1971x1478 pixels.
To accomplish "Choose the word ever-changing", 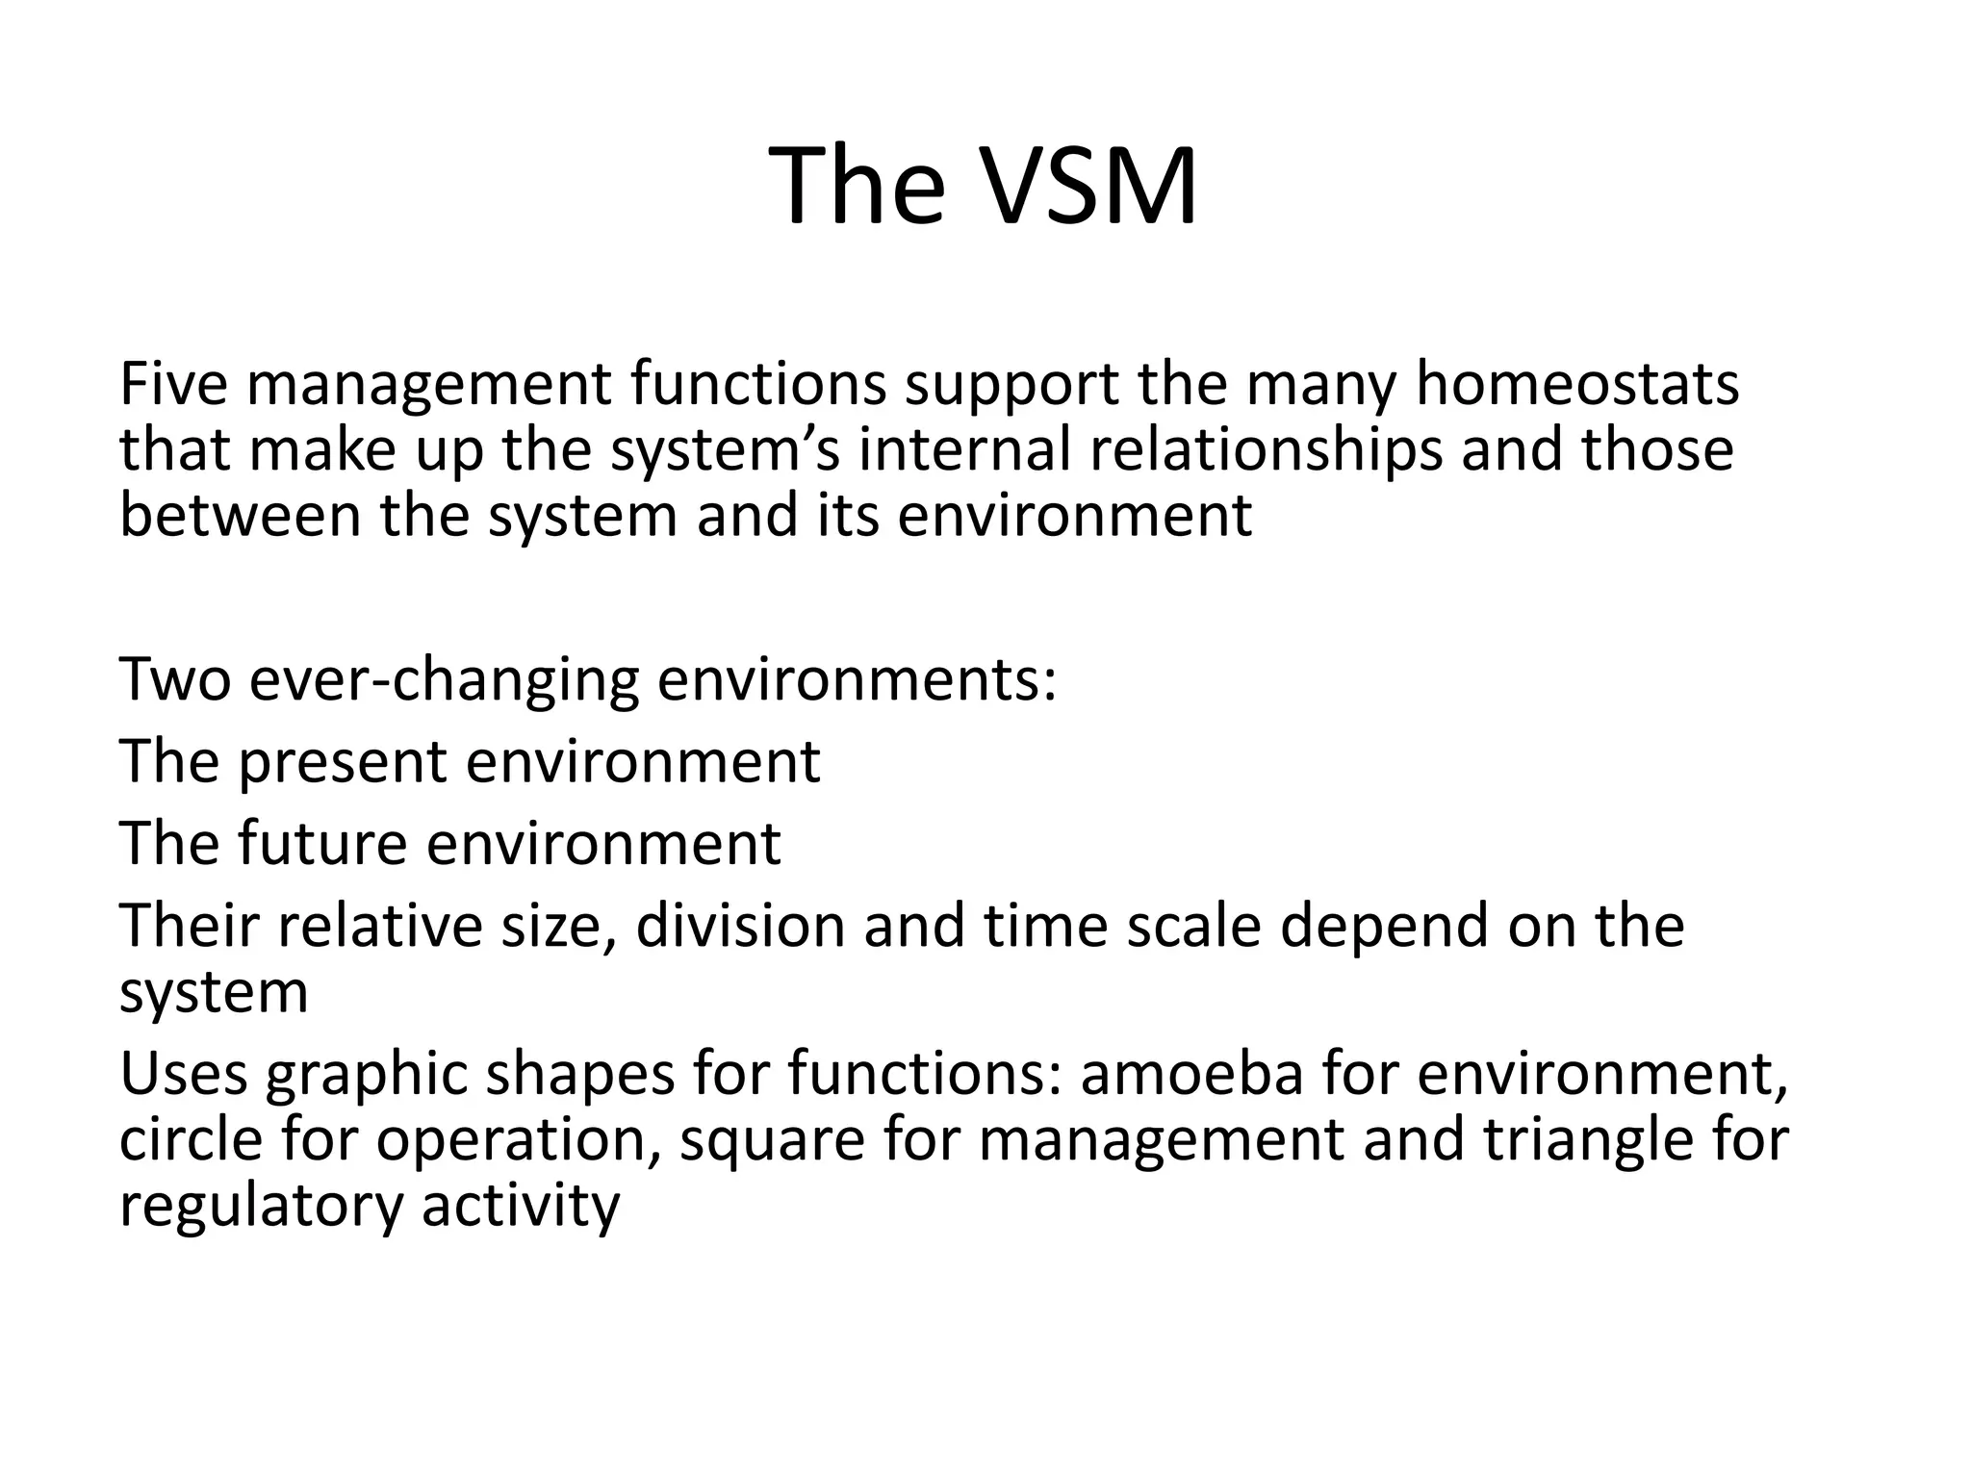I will pos(444,679).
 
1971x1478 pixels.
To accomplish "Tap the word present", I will pos(342,762).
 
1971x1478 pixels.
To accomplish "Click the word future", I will pos(321,844).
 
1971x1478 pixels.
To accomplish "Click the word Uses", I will pos(183,1075).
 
